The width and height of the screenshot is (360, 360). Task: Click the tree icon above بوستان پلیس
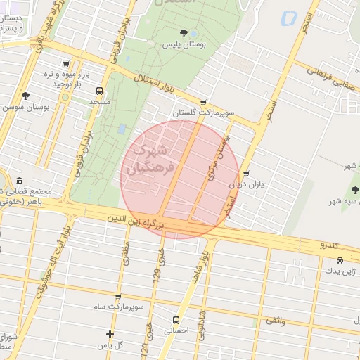pyautogui.click(x=184, y=32)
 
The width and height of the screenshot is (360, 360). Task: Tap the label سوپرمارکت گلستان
pyautogui.click(x=203, y=112)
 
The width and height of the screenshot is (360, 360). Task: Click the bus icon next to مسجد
pyautogui.click(x=98, y=91)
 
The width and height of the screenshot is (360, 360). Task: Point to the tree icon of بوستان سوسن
pyautogui.click(x=25, y=96)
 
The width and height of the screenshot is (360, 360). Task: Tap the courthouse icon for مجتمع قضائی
pyautogui.click(x=18, y=181)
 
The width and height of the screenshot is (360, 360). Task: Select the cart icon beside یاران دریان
pyautogui.click(x=246, y=174)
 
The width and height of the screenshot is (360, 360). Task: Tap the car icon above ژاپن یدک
pyautogui.click(x=340, y=260)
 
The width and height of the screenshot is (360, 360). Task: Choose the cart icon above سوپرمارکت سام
pyautogui.click(x=117, y=297)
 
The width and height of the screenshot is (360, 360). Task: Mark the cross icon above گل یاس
pyautogui.click(x=110, y=334)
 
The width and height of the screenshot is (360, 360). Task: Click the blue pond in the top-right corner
pyautogui.click(x=287, y=19)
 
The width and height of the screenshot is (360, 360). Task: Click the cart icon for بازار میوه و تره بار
pyautogui.click(x=66, y=63)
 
